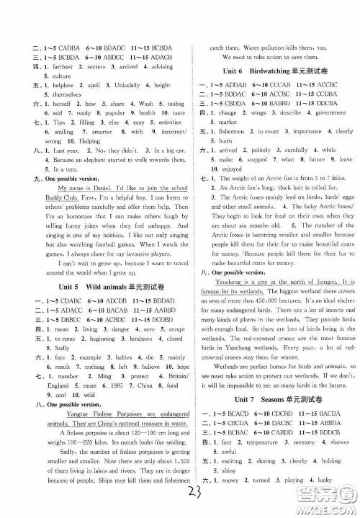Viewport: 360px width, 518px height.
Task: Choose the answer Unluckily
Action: click(x=101, y=84)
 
